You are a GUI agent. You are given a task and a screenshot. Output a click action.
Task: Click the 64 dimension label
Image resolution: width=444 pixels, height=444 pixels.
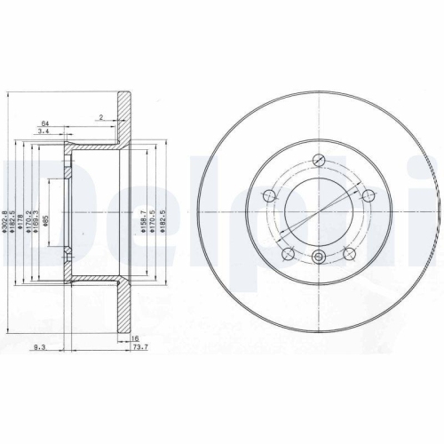pyautogui.click(x=44, y=123)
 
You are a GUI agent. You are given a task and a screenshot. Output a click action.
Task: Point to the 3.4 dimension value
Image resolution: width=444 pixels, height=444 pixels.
pyautogui.click(x=44, y=133)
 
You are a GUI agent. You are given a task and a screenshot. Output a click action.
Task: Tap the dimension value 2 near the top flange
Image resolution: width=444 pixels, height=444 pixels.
pyautogui.click(x=102, y=117)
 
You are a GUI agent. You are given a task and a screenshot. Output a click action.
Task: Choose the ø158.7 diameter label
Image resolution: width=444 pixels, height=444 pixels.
pyautogui.click(x=147, y=216)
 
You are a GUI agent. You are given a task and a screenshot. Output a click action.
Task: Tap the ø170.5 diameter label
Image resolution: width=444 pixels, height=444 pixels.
pyautogui.click(x=156, y=216)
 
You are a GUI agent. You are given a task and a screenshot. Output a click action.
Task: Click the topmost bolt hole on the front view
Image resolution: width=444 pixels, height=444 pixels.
pyautogui.click(x=319, y=162)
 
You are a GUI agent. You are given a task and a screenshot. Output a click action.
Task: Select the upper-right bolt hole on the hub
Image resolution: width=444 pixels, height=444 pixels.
pyautogui.click(x=365, y=194)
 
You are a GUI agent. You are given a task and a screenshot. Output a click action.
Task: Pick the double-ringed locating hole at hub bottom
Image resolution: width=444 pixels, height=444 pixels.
pyautogui.click(x=319, y=257)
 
